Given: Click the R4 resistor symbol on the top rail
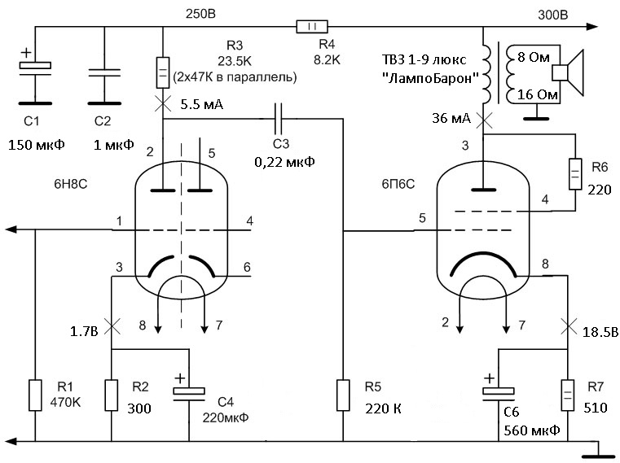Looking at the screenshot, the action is click(312, 27).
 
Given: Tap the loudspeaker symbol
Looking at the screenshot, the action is click(568, 72).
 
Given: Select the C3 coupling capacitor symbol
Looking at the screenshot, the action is click(279, 119).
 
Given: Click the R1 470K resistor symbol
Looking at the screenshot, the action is click(35, 395).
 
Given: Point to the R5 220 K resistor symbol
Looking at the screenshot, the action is click(343, 395).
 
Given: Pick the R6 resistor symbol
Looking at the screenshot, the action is click(575, 174).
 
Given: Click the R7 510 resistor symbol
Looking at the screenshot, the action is click(568, 395).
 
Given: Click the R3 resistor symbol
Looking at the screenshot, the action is click(163, 72).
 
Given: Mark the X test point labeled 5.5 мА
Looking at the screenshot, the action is click(163, 104).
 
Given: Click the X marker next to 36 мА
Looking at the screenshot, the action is click(484, 120).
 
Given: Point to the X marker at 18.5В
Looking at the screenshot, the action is click(568, 327).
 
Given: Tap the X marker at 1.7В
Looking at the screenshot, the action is click(112, 327).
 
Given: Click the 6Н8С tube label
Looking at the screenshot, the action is click(71, 184).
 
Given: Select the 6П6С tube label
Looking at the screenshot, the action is click(398, 184).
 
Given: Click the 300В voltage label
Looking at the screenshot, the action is click(552, 15).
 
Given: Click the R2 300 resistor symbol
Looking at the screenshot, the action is click(112, 395).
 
